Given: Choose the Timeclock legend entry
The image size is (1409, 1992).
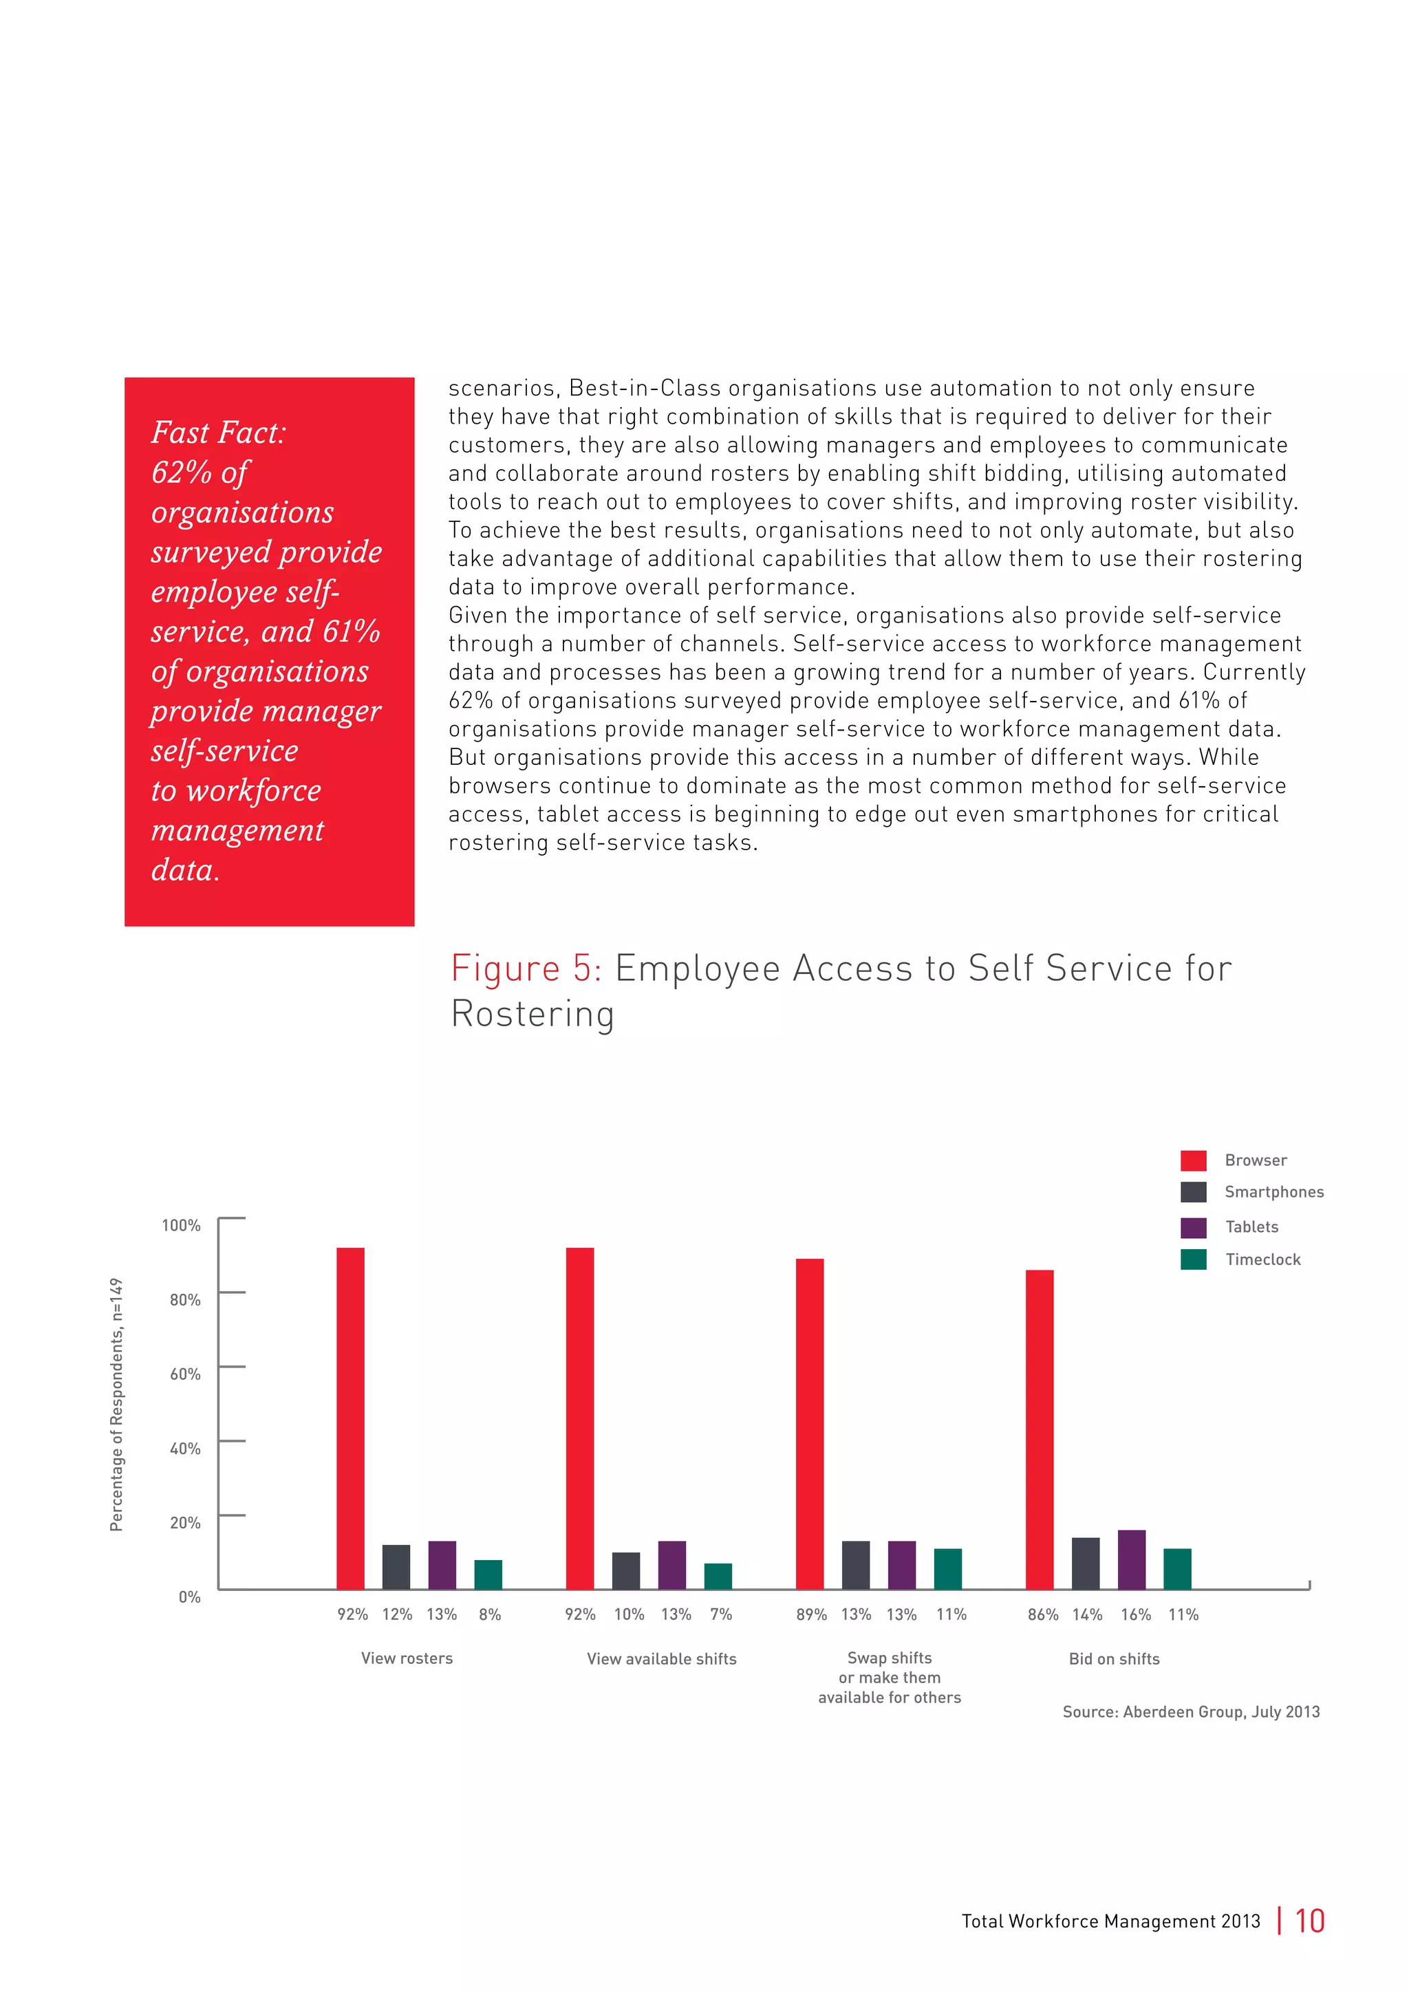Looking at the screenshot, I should [1262, 1259].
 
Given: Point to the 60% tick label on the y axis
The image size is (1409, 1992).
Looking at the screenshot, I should [185, 1374].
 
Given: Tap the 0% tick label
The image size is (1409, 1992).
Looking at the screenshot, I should [189, 1596].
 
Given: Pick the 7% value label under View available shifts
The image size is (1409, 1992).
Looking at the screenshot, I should [721, 1614].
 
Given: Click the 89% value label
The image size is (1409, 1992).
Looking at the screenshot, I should [811, 1614].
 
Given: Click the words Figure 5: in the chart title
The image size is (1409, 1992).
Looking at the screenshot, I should [526, 968].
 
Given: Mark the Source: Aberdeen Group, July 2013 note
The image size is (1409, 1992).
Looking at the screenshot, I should [1190, 1712].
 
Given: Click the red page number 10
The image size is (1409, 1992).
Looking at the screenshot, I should [1309, 1921].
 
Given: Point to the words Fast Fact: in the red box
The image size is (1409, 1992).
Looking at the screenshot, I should [218, 432].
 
